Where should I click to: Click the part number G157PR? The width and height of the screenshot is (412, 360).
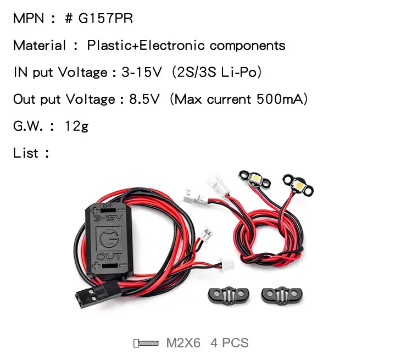[x=105, y=19]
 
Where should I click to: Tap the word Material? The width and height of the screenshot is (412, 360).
[x=39, y=46]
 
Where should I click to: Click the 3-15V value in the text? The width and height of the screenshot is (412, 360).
[x=141, y=73]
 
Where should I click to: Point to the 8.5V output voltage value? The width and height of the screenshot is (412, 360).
[x=144, y=99]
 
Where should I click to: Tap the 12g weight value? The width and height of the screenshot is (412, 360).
[x=76, y=126]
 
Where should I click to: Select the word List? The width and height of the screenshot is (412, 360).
[x=26, y=153]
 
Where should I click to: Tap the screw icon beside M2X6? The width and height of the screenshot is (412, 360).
[x=146, y=344]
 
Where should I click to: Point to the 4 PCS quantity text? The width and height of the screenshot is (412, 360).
[x=230, y=344]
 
